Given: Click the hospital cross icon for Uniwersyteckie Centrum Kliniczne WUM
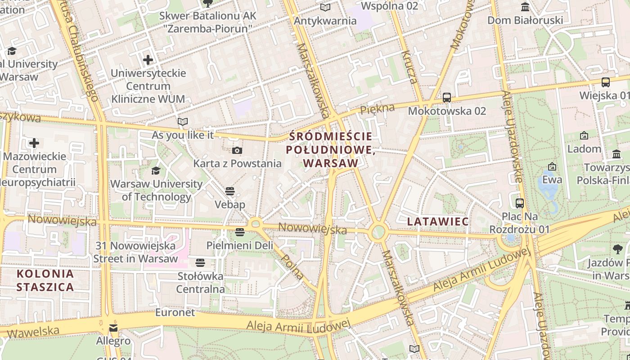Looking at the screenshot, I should click(148, 59).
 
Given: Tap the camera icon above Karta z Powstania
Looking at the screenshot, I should click(237, 150).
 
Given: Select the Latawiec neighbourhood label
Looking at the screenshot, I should click(438, 221).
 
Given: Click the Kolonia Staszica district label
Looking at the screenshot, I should click(45, 280).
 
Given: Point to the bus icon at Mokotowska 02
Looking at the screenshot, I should click(447, 98).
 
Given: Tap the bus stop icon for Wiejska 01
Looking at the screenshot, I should click(606, 82).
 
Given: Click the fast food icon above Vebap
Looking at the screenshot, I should click(230, 191).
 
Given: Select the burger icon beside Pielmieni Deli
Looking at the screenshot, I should click(239, 232).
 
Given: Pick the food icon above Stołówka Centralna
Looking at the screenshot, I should click(200, 262).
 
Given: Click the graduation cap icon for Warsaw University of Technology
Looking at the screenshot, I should click(156, 171).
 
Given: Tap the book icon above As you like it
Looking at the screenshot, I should click(182, 121).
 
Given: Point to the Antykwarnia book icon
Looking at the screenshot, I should click(325, 7).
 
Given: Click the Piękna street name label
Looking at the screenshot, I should click(377, 108).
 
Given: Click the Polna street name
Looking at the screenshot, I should click(292, 266).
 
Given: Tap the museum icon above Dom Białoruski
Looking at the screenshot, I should click(525, 7).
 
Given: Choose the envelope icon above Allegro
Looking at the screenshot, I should click(113, 328).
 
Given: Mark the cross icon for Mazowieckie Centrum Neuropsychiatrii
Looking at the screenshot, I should click(34, 144).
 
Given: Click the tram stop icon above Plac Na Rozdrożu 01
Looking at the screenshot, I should click(520, 203).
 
